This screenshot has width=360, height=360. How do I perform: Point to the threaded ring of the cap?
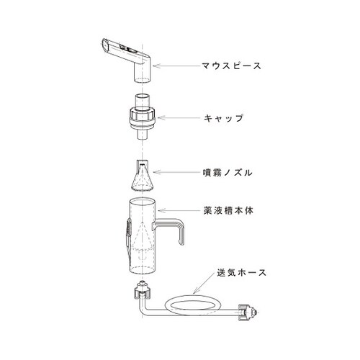tap(145, 113)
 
